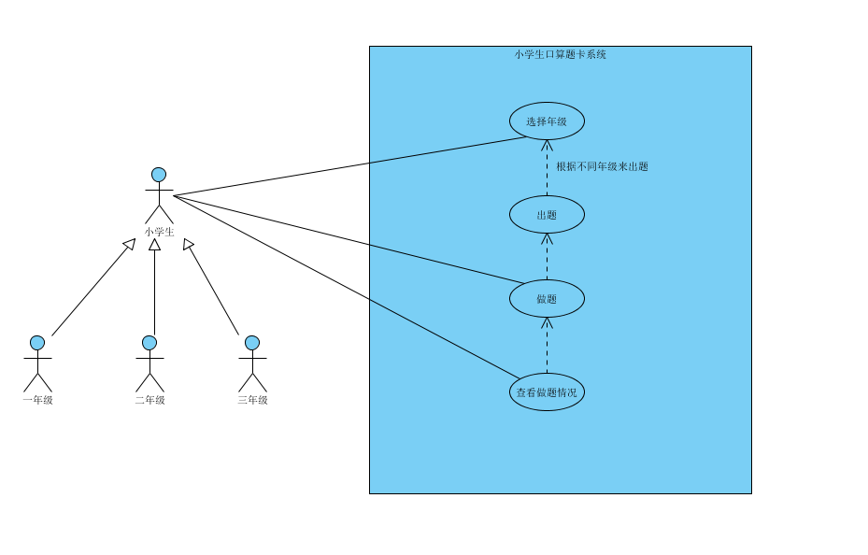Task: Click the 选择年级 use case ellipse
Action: click(x=547, y=121)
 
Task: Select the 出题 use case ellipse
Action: click(x=547, y=215)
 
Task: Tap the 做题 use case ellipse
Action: click(x=547, y=299)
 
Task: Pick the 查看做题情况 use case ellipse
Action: click(x=547, y=392)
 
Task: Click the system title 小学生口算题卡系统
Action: click(x=560, y=54)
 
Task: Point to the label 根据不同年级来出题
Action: click(x=602, y=167)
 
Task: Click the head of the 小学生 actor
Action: click(x=159, y=175)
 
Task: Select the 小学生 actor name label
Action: click(x=159, y=232)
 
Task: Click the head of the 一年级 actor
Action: click(x=37, y=343)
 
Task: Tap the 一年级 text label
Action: click(x=37, y=400)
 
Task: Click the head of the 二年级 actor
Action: click(x=149, y=343)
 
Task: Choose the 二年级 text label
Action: click(x=149, y=400)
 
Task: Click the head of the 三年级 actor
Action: click(x=252, y=343)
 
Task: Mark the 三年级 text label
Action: click(x=252, y=400)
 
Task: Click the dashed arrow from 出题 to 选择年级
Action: click(x=547, y=168)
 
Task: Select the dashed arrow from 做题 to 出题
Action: click(x=547, y=257)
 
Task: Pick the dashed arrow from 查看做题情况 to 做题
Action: click(x=547, y=346)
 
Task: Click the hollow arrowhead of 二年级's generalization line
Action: click(x=154, y=245)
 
